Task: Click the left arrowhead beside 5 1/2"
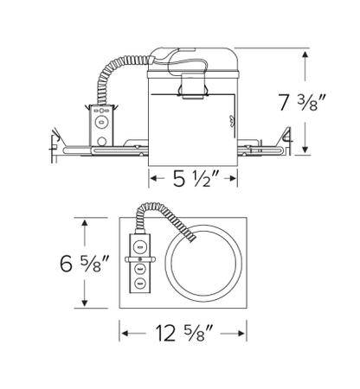click(152, 180)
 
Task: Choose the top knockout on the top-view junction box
click(138, 245)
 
